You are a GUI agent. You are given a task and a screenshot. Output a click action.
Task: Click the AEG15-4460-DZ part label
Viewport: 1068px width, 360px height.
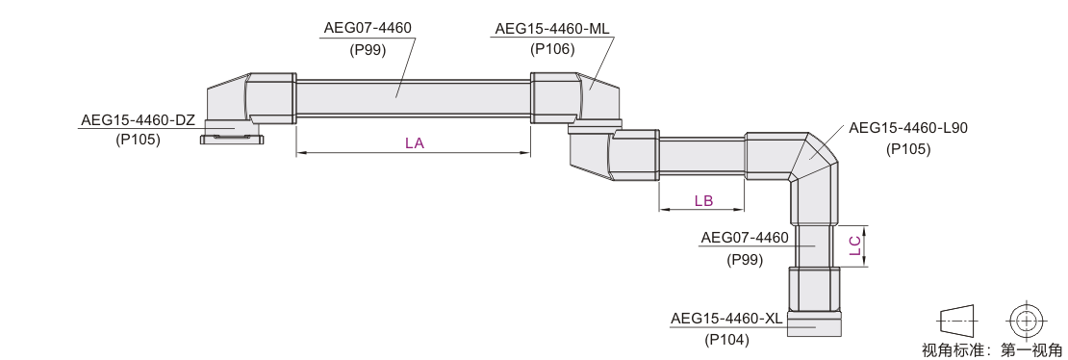(139, 120)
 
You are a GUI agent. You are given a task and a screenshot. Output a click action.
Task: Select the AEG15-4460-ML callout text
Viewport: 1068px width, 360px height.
(552, 29)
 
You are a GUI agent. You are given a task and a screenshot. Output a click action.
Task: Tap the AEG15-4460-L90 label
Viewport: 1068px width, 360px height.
(908, 128)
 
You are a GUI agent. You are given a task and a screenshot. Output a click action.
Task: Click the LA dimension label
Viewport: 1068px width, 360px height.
(414, 143)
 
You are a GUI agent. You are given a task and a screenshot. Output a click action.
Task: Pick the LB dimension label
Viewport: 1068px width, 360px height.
(703, 201)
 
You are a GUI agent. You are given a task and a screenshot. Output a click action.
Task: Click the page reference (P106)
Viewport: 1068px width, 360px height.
(552, 49)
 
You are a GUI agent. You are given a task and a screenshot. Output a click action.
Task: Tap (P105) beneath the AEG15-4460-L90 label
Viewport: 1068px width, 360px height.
(908, 149)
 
